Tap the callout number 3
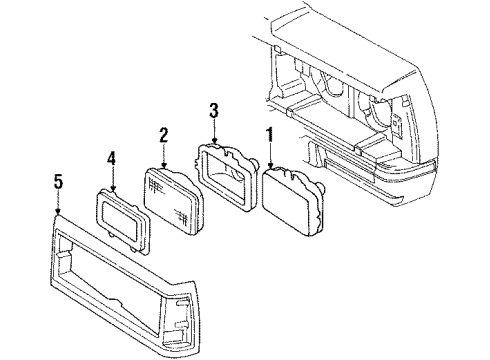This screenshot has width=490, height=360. [213, 110]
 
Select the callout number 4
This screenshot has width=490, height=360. [112, 157]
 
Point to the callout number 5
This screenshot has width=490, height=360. [58, 181]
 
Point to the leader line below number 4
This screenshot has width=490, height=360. [112, 177]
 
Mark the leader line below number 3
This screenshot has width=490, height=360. [213, 129]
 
